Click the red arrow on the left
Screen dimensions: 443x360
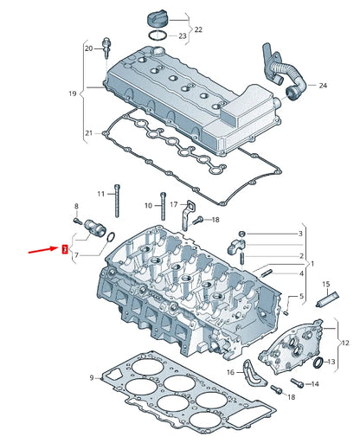(x=42, y=252)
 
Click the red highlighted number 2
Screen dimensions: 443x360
(x=63, y=249)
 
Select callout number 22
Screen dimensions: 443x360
(x=197, y=29)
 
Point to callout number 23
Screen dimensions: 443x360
(x=182, y=36)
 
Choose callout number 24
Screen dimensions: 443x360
(x=323, y=86)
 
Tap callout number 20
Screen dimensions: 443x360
(x=87, y=49)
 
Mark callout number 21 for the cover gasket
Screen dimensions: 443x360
(x=87, y=132)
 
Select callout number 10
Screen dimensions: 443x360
(x=148, y=205)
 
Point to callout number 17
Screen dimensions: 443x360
(x=173, y=204)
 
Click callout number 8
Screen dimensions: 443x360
(x=76, y=206)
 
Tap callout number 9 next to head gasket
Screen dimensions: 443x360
(x=90, y=378)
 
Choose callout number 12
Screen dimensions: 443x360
(x=346, y=343)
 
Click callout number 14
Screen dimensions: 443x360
(x=315, y=383)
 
